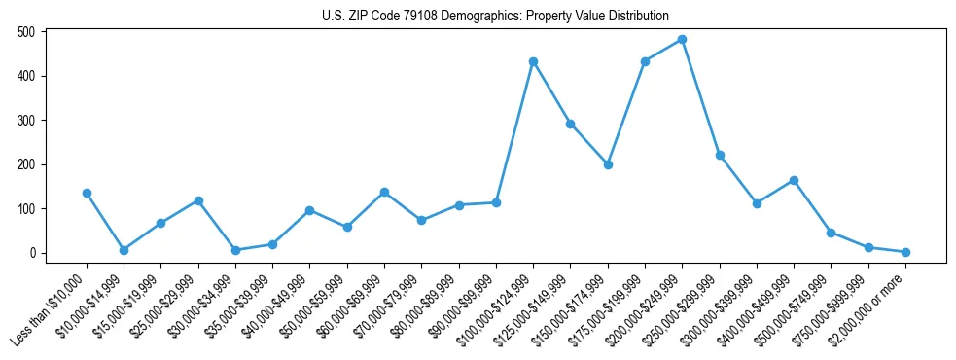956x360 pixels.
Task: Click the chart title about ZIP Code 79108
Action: point(495,16)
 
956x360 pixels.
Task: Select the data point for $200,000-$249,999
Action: point(682,40)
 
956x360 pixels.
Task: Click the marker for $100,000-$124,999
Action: point(533,61)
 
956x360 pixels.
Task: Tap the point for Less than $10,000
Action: point(87,193)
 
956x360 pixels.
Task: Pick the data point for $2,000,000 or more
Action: point(905,252)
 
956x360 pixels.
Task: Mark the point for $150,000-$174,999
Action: point(608,164)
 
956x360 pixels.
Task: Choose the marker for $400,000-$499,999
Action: point(794,180)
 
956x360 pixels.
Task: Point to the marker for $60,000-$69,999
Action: point(384,192)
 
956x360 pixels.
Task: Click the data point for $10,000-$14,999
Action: point(124,250)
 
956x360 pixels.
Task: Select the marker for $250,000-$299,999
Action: point(720,155)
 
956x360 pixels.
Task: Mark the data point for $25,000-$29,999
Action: point(198,200)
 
